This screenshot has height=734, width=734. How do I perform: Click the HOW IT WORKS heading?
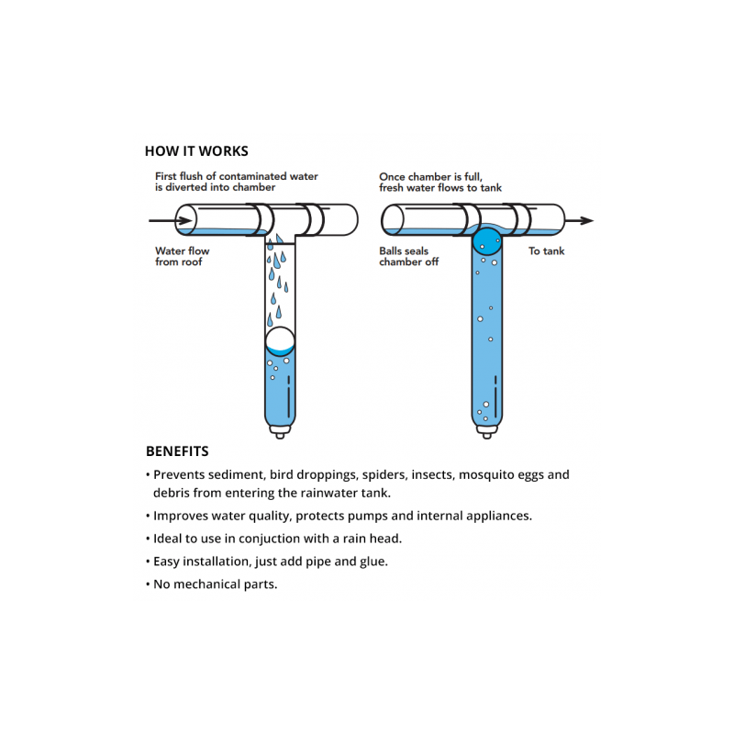[196, 151]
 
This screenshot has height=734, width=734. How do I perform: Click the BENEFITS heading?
[177, 451]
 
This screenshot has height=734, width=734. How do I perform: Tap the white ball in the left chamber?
[280, 341]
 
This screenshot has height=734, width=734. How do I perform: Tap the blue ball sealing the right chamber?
[487, 241]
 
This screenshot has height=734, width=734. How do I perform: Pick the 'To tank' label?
[547, 250]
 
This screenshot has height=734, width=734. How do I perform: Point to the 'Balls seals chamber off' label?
[409, 256]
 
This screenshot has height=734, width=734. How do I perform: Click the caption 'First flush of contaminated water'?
[236, 176]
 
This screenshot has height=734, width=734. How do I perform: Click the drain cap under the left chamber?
[279, 431]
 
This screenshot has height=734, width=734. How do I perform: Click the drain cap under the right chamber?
[487, 431]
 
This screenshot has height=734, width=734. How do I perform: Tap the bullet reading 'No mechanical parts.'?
[215, 584]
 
